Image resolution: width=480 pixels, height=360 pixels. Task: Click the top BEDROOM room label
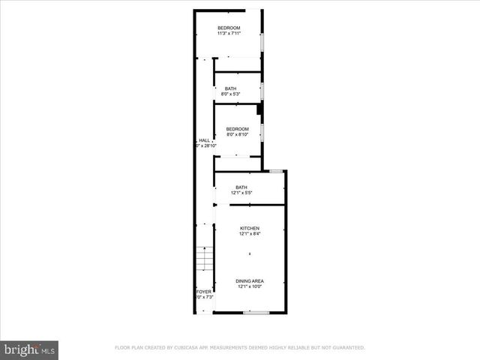point(229,28)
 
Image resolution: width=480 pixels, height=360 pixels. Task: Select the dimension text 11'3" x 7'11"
point(229,33)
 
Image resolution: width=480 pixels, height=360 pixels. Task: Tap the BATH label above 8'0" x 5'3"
point(230,89)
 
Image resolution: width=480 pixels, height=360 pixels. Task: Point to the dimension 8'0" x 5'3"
point(230,94)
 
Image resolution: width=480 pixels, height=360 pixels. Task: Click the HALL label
point(204,140)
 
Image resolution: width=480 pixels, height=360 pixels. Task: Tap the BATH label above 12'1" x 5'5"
point(241,187)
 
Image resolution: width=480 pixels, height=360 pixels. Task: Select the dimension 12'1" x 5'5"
point(241,193)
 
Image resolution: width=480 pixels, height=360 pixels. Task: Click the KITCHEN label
point(250,228)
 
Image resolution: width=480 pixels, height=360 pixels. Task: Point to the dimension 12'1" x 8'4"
point(250,233)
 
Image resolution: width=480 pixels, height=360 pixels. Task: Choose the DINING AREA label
point(250,281)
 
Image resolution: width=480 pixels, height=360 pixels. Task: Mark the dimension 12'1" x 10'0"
point(250,286)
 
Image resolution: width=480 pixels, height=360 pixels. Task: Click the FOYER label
point(203,291)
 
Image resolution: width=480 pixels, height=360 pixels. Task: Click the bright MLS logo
point(30,349)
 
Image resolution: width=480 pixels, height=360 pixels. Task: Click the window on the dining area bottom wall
point(256,312)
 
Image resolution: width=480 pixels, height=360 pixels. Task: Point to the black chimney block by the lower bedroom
point(259,109)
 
